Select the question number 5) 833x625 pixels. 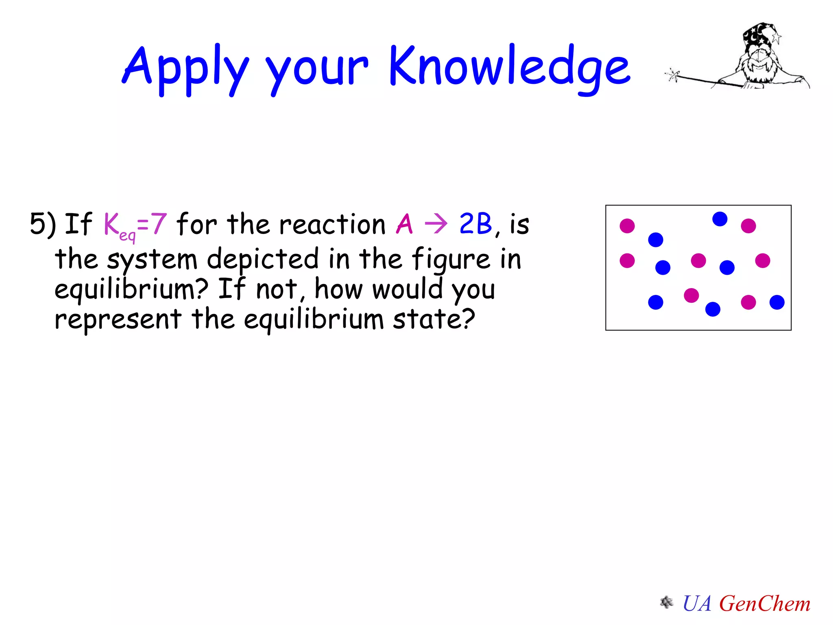(x=42, y=224)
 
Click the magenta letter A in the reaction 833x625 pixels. (x=404, y=224)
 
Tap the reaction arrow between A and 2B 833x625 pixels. (x=436, y=224)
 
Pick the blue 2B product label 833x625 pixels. (x=475, y=224)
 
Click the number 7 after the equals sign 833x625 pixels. (x=159, y=224)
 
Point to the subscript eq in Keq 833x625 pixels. (x=127, y=235)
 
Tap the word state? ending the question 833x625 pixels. (x=434, y=319)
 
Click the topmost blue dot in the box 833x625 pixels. (x=720, y=219)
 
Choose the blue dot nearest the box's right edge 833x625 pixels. (x=777, y=302)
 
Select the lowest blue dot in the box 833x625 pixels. (x=713, y=309)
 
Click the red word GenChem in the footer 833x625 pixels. (x=765, y=603)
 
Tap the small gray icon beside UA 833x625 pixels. (x=666, y=602)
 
